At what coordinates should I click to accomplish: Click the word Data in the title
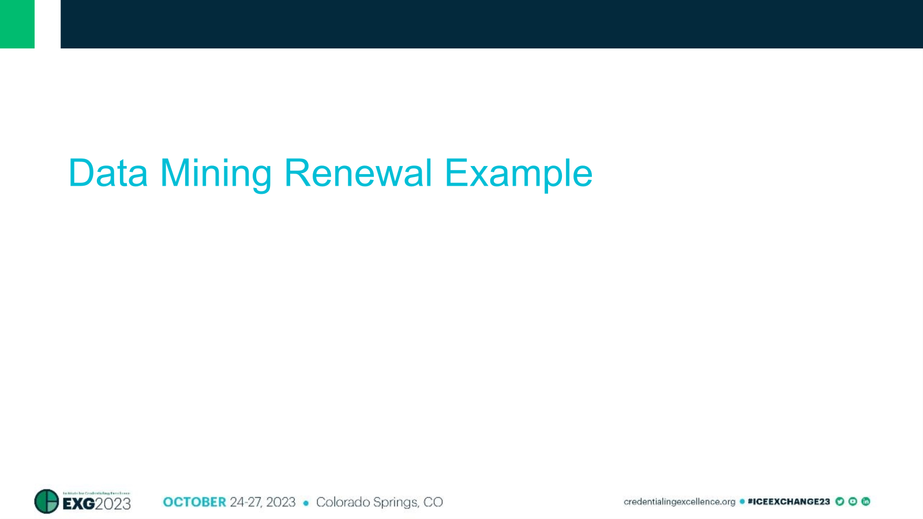108,173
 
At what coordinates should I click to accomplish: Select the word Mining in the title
216,173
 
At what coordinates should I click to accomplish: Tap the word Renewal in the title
358,173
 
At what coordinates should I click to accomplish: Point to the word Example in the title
519,173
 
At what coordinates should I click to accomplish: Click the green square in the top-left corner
17,24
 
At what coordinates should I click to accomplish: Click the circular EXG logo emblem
47,501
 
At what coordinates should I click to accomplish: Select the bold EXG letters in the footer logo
78,504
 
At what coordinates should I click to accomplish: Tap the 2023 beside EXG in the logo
113,504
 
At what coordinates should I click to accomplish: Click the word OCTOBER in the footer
194,502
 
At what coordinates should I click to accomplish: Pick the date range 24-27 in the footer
246,502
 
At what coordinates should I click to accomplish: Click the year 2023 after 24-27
281,502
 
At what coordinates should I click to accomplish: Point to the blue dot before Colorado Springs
306,503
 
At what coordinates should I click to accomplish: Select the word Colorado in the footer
343,502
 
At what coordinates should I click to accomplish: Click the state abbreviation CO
433,502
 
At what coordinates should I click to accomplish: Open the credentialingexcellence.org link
679,502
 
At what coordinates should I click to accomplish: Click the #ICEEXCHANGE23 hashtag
789,502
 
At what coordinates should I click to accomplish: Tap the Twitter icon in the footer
840,502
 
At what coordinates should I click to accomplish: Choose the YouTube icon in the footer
853,502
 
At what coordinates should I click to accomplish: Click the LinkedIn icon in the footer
865,502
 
